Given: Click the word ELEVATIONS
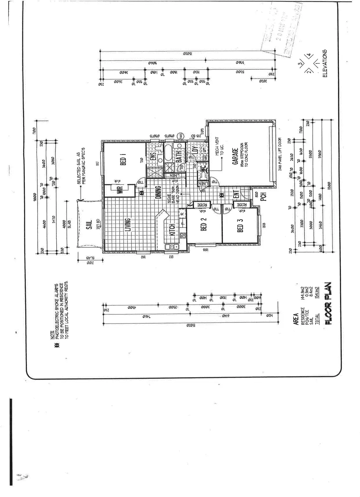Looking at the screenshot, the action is click(325, 64).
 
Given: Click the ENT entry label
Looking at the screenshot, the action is click(235, 194).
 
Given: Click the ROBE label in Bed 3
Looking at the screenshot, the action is click(243, 205).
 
